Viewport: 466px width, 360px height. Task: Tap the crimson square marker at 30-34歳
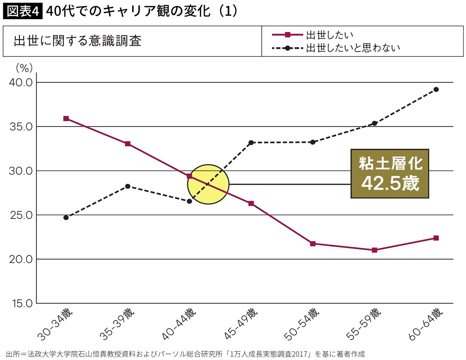66,118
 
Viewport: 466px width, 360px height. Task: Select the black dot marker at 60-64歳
436,89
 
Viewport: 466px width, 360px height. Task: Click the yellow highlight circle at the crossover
208,184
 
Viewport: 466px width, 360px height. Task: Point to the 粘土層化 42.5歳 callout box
389,173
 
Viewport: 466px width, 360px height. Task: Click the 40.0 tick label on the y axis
21,82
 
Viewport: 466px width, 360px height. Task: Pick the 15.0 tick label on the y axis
22,303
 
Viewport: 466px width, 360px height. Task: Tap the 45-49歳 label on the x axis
240,324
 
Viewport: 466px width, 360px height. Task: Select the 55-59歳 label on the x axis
364,324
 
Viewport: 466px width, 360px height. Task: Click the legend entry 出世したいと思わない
336,48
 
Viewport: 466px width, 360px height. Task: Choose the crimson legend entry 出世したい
312,35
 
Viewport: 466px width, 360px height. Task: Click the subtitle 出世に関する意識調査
78,41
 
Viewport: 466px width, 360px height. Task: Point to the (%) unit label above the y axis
24,68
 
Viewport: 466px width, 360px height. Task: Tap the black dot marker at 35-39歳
128,186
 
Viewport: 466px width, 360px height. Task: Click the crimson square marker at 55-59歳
375,250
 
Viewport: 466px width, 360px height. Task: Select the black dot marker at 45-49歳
251,142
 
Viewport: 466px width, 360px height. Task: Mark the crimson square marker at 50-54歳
313,244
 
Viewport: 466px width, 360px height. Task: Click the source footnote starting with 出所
185,354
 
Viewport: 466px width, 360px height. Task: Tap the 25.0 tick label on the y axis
21,215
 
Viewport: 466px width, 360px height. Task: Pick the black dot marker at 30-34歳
66,218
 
